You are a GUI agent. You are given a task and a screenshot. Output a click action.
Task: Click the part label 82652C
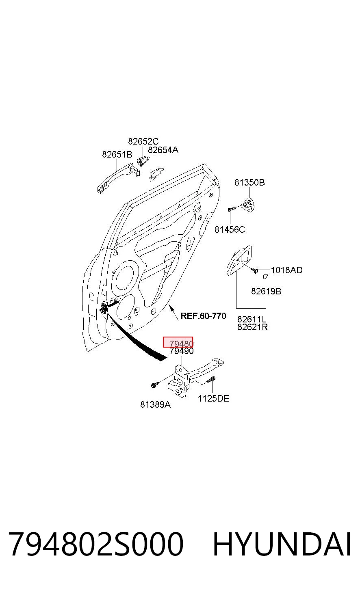[143, 141]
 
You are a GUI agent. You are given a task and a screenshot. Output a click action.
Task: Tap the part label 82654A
[163, 150]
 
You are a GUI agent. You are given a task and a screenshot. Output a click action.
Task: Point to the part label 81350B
[249, 182]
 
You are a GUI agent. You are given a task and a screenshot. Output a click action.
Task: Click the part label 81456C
[230, 229]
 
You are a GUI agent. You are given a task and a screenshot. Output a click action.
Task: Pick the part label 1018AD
[287, 270]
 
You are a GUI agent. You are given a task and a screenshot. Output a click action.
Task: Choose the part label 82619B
[266, 291]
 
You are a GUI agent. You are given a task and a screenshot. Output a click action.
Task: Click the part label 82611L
[252, 319]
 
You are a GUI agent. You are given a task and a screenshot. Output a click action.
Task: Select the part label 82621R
[252, 327]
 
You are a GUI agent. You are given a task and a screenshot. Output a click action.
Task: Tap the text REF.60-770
[204, 316]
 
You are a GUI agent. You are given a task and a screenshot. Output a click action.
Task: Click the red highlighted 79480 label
[178, 342]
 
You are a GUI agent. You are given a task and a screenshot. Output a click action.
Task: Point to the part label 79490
[182, 351]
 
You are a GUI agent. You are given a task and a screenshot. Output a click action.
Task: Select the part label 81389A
[155, 404]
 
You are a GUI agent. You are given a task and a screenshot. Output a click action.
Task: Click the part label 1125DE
[213, 398]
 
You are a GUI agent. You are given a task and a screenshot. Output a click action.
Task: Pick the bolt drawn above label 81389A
[155, 385]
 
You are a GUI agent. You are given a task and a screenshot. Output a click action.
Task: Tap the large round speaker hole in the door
[125, 277]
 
